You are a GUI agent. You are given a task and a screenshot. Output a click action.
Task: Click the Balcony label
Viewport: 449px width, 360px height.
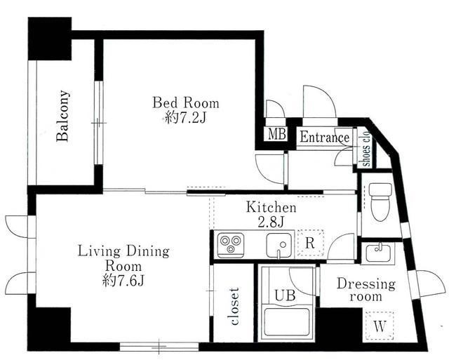click(x=62, y=116)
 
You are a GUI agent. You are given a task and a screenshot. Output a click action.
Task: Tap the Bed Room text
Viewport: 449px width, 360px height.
click(x=185, y=103)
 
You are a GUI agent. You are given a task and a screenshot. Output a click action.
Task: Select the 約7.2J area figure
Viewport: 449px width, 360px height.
click(x=185, y=117)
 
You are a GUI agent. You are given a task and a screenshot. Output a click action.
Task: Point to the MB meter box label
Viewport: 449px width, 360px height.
click(x=277, y=134)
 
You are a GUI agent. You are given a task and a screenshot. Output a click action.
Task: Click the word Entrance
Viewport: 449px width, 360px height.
click(x=324, y=137)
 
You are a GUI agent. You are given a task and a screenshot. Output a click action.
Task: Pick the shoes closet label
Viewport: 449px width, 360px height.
click(x=366, y=149)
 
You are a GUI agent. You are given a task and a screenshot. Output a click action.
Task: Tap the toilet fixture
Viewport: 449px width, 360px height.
click(x=380, y=201)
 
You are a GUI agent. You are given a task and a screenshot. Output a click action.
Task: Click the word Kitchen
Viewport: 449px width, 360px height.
click(x=271, y=207)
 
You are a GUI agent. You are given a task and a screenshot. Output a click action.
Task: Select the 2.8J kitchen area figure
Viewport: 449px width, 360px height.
click(x=271, y=222)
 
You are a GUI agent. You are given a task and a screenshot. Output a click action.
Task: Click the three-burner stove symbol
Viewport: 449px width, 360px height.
click(x=231, y=245)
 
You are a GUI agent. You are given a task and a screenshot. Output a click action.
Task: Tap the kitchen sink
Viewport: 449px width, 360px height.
click(x=279, y=246)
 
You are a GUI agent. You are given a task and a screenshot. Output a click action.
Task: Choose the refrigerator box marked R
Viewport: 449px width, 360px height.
click(x=310, y=243)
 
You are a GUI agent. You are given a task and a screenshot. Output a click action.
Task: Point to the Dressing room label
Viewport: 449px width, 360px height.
click(x=366, y=290)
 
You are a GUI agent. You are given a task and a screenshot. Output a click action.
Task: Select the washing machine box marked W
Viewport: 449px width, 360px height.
click(x=380, y=326)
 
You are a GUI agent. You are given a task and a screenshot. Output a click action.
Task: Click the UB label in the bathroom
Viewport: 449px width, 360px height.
click(x=285, y=295)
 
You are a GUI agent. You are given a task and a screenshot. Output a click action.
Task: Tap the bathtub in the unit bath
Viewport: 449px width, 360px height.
click(x=287, y=321)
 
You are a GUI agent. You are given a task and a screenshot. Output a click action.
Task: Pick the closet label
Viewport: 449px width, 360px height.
click(x=234, y=307)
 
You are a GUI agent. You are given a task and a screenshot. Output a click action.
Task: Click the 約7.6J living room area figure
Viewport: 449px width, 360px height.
click(x=123, y=281)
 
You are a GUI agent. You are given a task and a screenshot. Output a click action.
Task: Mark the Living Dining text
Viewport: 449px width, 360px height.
click(x=123, y=251)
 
